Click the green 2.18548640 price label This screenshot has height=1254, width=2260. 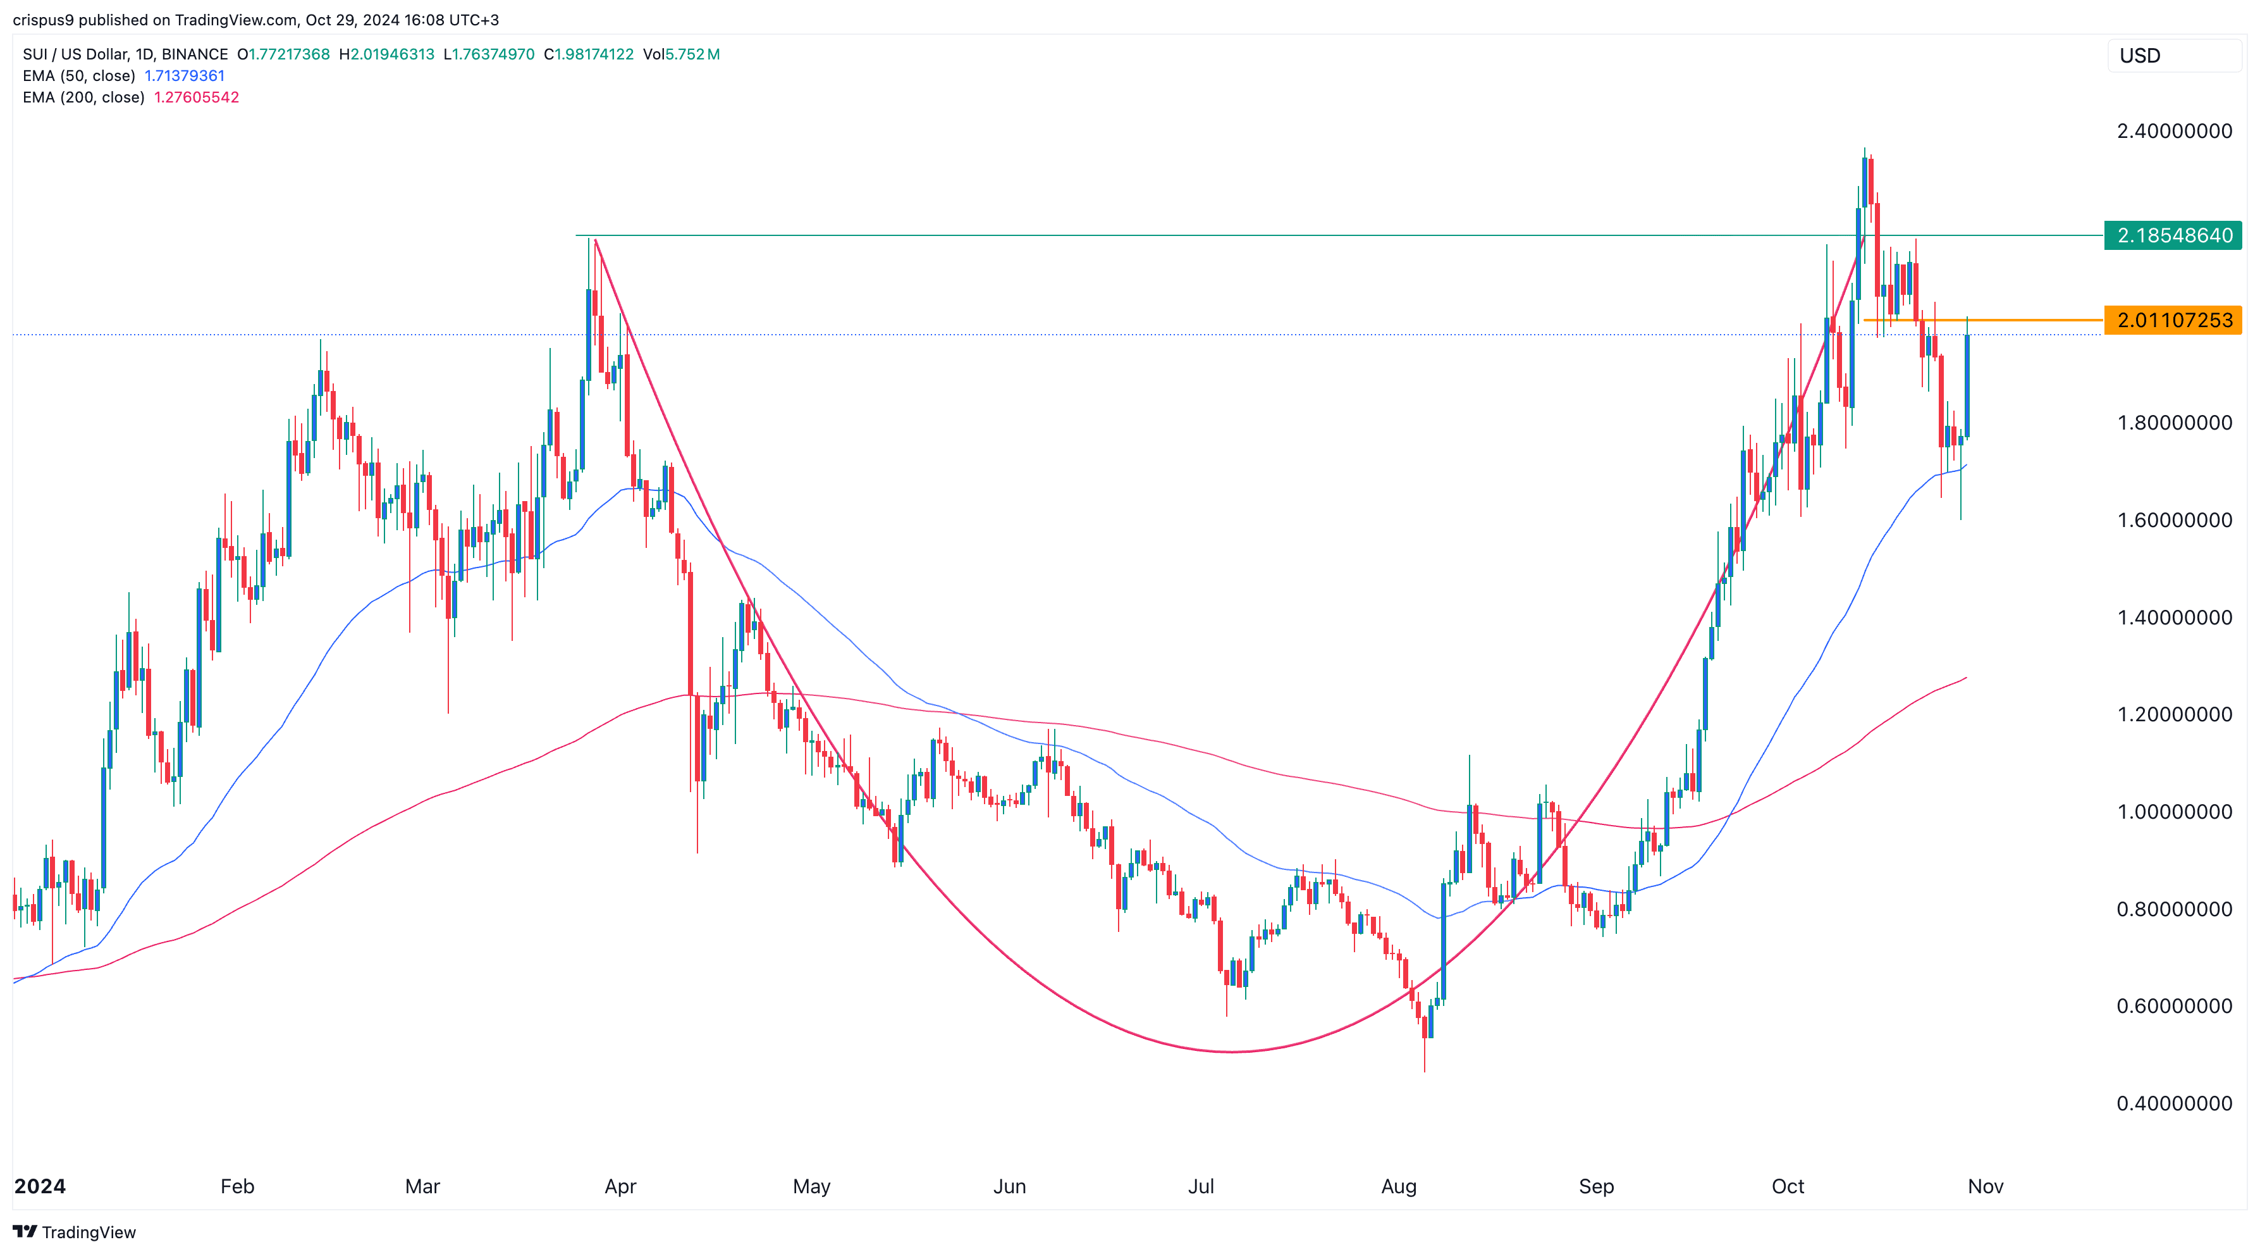[x=2173, y=235]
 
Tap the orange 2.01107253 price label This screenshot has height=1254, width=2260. [x=2173, y=320]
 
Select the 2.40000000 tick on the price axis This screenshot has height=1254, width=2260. [x=2174, y=132]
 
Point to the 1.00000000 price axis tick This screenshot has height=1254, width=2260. [x=2174, y=812]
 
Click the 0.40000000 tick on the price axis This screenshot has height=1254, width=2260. [x=2174, y=1103]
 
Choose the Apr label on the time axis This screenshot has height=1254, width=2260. [x=620, y=1186]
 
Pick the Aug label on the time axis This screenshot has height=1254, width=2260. [x=1399, y=1186]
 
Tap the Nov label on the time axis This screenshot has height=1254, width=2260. [x=1986, y=1186]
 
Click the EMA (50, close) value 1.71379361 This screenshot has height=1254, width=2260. [x=184, y=75]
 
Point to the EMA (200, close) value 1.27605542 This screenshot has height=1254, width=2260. [x=197, y=97]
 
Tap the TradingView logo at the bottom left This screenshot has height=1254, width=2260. [x=75, y=1232]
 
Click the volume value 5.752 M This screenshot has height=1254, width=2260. [x=692, y=54]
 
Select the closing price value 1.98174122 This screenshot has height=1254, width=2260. [x=593, y=54]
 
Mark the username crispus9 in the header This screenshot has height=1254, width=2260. [x=43, y=20]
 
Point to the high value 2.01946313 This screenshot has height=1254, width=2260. [x=392, y=54]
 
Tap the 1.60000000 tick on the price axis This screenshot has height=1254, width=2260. [x=2174, y=520]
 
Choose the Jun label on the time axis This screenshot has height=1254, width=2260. [x=1009, y=1186]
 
